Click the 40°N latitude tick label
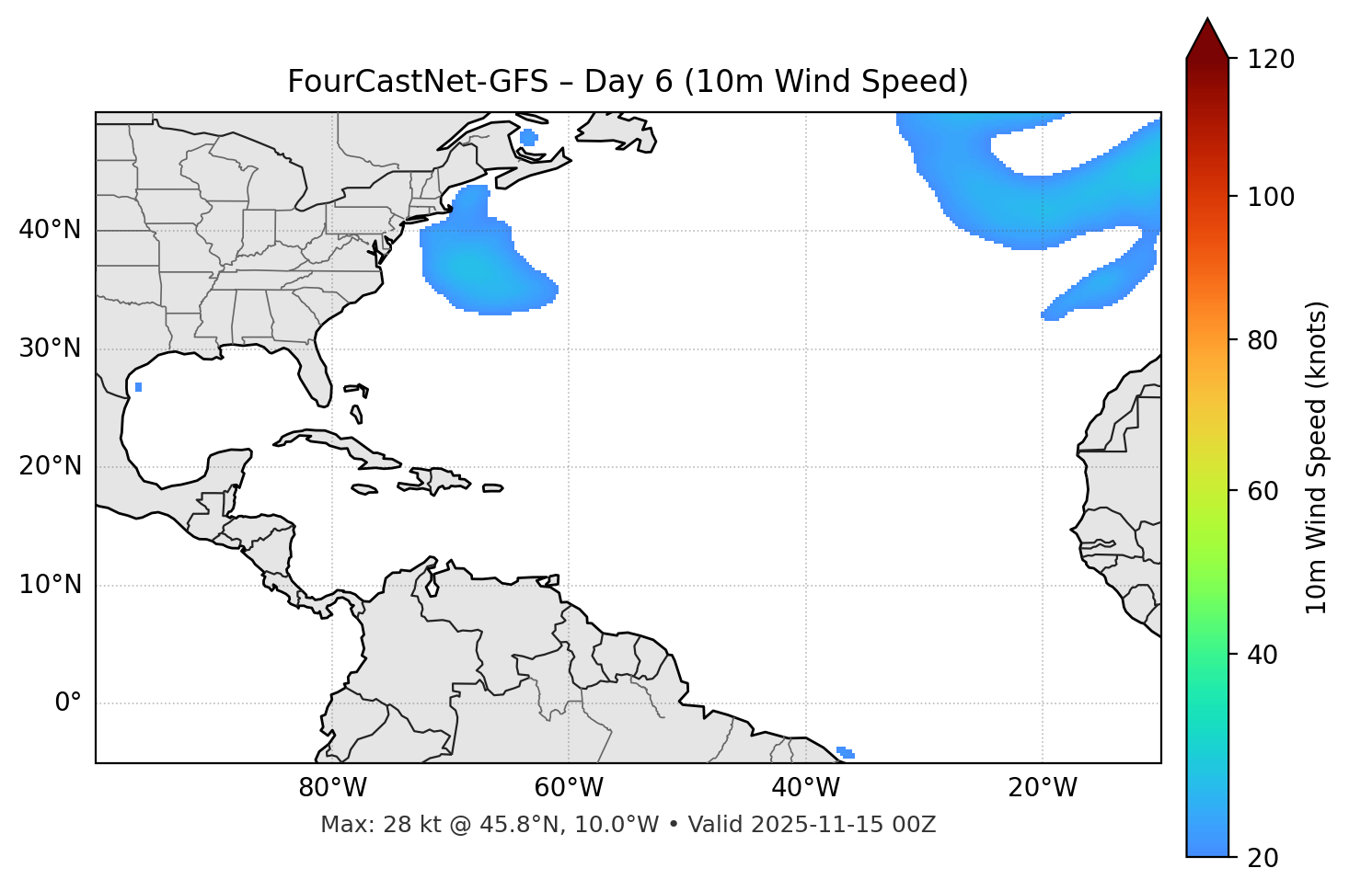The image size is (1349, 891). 50,230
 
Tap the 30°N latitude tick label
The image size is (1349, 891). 50,348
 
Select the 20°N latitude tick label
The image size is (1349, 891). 50,466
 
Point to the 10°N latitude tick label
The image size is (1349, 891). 50,585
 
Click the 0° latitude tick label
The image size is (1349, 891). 67,703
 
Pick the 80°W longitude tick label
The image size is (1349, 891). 332,788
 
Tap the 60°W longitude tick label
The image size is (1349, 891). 569,788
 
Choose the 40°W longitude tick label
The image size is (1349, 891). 805,788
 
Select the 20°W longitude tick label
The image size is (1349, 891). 1042,788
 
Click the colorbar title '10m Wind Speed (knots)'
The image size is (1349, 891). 1317,458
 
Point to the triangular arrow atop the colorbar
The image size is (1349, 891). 1207,39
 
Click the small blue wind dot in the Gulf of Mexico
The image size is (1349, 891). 138,387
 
